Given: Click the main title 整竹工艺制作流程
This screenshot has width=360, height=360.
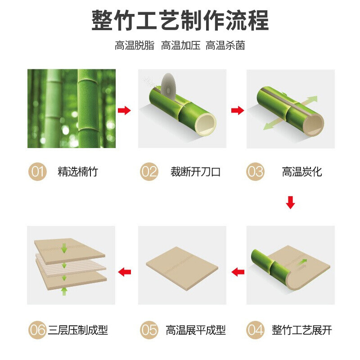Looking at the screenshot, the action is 180,20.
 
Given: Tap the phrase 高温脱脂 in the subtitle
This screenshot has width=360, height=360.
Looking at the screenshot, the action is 135,45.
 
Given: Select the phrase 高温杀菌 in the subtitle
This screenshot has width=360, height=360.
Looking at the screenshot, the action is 225,45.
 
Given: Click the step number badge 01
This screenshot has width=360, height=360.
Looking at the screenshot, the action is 37,171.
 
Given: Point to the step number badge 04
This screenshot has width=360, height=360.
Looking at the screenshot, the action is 255,330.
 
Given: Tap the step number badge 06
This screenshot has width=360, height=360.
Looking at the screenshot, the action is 37,330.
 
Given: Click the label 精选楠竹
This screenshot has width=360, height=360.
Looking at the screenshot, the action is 78,172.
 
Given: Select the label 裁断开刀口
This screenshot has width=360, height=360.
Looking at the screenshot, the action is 195,172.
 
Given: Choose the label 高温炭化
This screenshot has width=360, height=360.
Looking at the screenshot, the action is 302,172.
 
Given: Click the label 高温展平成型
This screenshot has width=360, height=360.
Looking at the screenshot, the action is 196,330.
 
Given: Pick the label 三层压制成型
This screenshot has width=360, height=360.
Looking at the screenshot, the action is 78,330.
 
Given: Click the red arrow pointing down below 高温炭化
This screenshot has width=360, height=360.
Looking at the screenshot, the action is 290,202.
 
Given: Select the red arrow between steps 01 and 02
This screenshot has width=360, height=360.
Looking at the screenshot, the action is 124,110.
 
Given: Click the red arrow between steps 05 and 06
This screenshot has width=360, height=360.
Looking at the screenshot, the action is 125,272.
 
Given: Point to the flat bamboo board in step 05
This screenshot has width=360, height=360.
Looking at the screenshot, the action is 182,268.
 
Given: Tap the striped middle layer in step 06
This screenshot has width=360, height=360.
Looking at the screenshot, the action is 71,266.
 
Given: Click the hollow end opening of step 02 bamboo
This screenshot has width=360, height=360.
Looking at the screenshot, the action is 206,125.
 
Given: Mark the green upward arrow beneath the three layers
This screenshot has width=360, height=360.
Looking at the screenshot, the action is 64,291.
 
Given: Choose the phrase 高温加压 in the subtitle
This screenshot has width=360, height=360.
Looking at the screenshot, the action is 180,45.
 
